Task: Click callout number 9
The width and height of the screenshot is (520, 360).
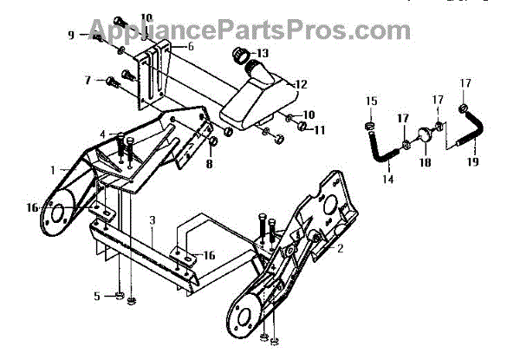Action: [x=72, y=35]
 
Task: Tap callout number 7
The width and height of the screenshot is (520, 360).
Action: [x=88, y=81]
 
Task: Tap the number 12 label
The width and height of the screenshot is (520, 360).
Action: [x=302, y=85]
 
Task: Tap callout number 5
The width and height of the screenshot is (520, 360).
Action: [x=97, y=297]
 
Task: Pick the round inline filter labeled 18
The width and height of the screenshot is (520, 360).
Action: [x=426, y=136]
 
